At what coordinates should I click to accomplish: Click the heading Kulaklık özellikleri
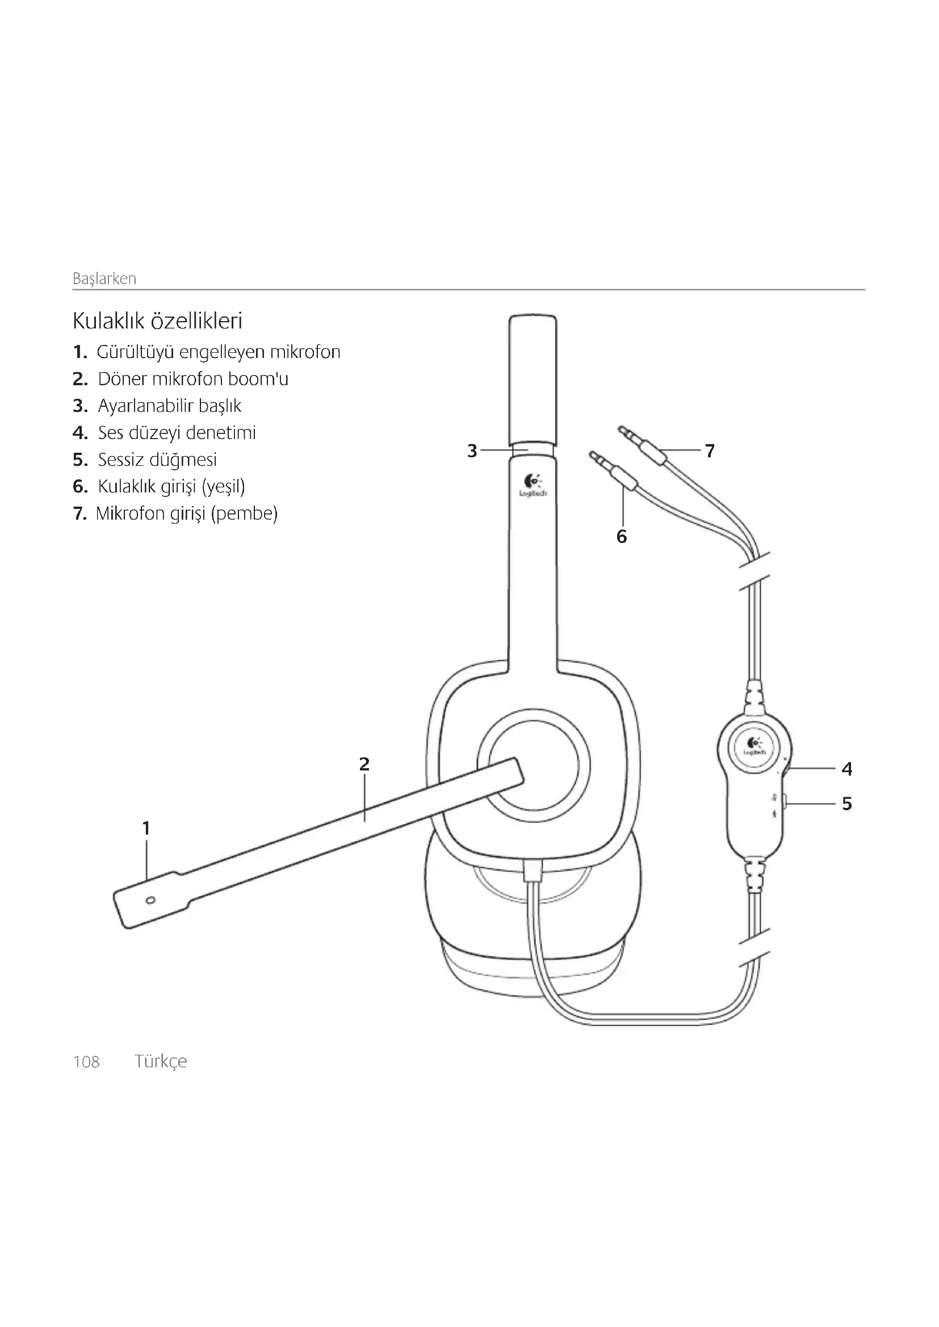pyautogui.click(x=157, y=321)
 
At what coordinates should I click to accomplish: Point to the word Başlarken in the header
pyautogui.click(x=104, y=279)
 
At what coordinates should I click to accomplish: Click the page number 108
pyautogui.click(x=86, y=1061)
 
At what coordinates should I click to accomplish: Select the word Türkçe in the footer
pyautogui.click(x=161, y=1061)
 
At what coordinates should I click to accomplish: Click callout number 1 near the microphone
pyautogui.click(x=146, y=828)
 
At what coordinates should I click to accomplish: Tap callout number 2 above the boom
pyautogui.click(x=364, y=764)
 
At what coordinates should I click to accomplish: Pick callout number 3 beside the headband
pyautogui.click(x=472, y=451)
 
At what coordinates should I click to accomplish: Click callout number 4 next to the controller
pyautogui.click(x=847, y=769)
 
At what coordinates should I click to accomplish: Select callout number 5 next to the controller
pyautogui.click(x=847, y=803)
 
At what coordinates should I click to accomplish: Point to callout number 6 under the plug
pyautogui.click(x=622, y=536)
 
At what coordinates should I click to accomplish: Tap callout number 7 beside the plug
pyautogui.click(x=710, y=451)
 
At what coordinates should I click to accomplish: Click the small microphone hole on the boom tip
pyautogui.click(x=151, y=900)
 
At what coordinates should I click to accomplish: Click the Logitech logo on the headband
pyautogui.click(x=532, y=485)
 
